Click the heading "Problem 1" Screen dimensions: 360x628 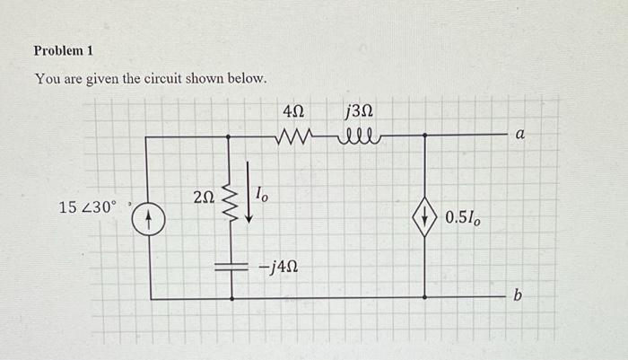pos(64,50)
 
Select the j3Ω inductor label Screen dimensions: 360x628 pos(358,113)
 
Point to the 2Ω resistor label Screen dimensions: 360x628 pos(204,197)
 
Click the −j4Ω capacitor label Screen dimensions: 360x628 pos(278,267)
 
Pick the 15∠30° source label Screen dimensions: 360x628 pos(88,207)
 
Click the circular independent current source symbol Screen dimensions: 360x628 pos(151,218)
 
